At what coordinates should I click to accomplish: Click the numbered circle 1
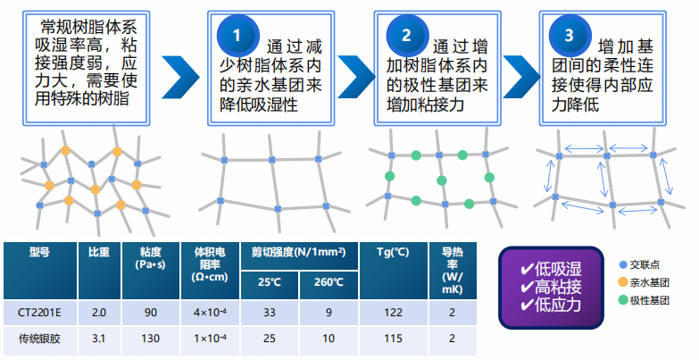pos(237,35)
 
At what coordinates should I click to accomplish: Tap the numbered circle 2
pos(406,35)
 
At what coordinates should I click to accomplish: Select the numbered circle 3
pos(570,35)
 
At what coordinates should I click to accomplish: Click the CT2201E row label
pos(39,313)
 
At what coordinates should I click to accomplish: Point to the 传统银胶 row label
pos(39,339)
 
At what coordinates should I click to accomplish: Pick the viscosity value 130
pos(151,339)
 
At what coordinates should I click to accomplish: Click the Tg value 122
pos(393,313)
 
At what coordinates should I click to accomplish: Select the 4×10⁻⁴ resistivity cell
pos(210,313)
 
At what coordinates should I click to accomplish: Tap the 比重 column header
pos(99,252)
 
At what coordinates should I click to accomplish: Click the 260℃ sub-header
pos(329,282)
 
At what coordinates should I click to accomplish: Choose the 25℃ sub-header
pos(270,282)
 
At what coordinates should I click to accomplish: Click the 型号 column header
pos(39,252)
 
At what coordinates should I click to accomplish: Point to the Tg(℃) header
pos(393,252)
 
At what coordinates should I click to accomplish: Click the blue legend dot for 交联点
pos(623,264)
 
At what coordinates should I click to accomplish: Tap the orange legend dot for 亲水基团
pos(623,282)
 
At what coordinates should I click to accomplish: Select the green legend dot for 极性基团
pos(623,300)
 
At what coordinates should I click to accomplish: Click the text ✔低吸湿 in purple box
pos(551,269)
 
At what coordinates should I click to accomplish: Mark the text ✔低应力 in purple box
pos(551,305)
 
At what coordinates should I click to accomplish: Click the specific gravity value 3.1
pos(98,339)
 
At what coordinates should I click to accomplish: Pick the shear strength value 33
pos(270,313)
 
